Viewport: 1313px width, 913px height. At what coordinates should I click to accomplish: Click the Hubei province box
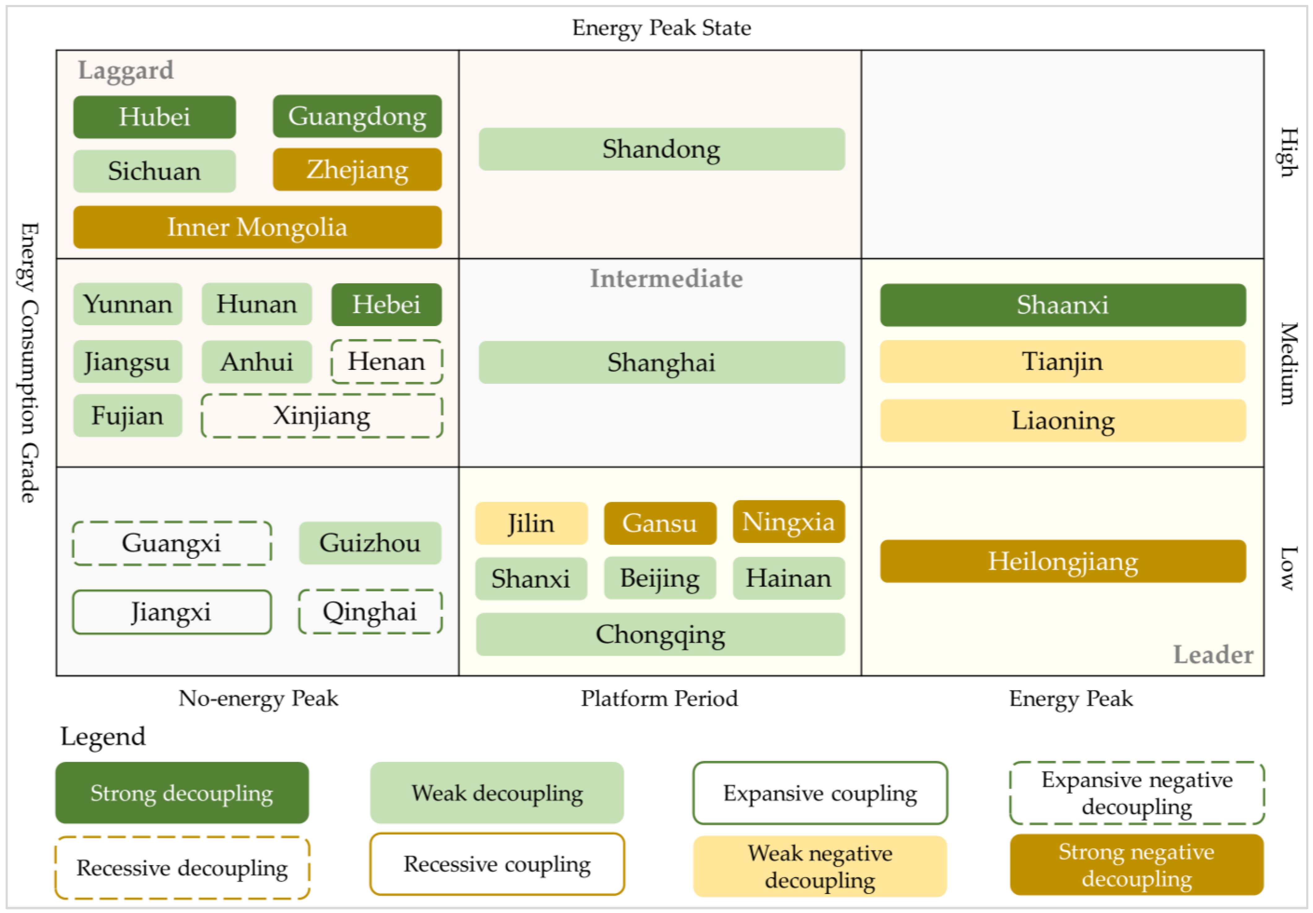(x=154, y=117)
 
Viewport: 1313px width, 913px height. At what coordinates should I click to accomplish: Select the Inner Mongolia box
(x=257, y=227)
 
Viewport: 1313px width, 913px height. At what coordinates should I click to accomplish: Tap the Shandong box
(x=662, y=149)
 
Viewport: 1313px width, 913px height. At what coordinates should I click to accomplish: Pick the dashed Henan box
(x=387, y=362)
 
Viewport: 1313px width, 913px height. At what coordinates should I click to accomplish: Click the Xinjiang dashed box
(x=322, y=416)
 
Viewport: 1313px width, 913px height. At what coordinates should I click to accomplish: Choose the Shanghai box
(x=662, y=362)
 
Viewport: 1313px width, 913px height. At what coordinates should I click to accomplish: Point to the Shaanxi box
(x=1063, y=305)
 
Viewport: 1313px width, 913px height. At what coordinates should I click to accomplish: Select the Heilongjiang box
(x=1063, y=561)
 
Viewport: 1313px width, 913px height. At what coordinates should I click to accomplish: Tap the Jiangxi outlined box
(x=172, y=612)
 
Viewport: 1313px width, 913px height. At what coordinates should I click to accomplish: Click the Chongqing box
(x=661, y=634)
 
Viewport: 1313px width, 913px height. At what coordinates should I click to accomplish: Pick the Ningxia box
(x=788, y=522)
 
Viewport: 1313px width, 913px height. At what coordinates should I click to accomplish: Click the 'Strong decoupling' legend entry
(x=182, y=793)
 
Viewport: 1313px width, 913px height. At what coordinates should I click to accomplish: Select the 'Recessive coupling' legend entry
(x=497, y=864)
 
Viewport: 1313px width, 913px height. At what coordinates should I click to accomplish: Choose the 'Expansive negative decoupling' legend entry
(x=1137, y=793)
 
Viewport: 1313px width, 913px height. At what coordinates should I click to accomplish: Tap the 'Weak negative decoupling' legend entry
(x=820, y=866)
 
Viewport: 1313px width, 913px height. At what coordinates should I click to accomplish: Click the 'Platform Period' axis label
(x=659, y=699)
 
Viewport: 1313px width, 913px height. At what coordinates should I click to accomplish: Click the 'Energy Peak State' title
(x=662, y=28)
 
